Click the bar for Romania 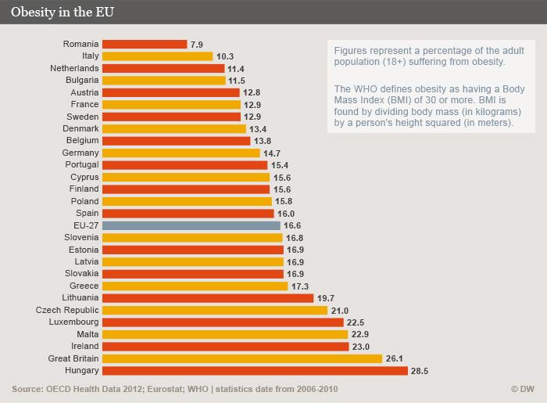(145, 45)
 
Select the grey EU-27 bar (191, 225)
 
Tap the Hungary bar (255, 370)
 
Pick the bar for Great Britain (242, 358)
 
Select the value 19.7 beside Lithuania (326, 298)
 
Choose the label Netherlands (74, 68)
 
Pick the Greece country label (84, 286)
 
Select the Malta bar (225, 334)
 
